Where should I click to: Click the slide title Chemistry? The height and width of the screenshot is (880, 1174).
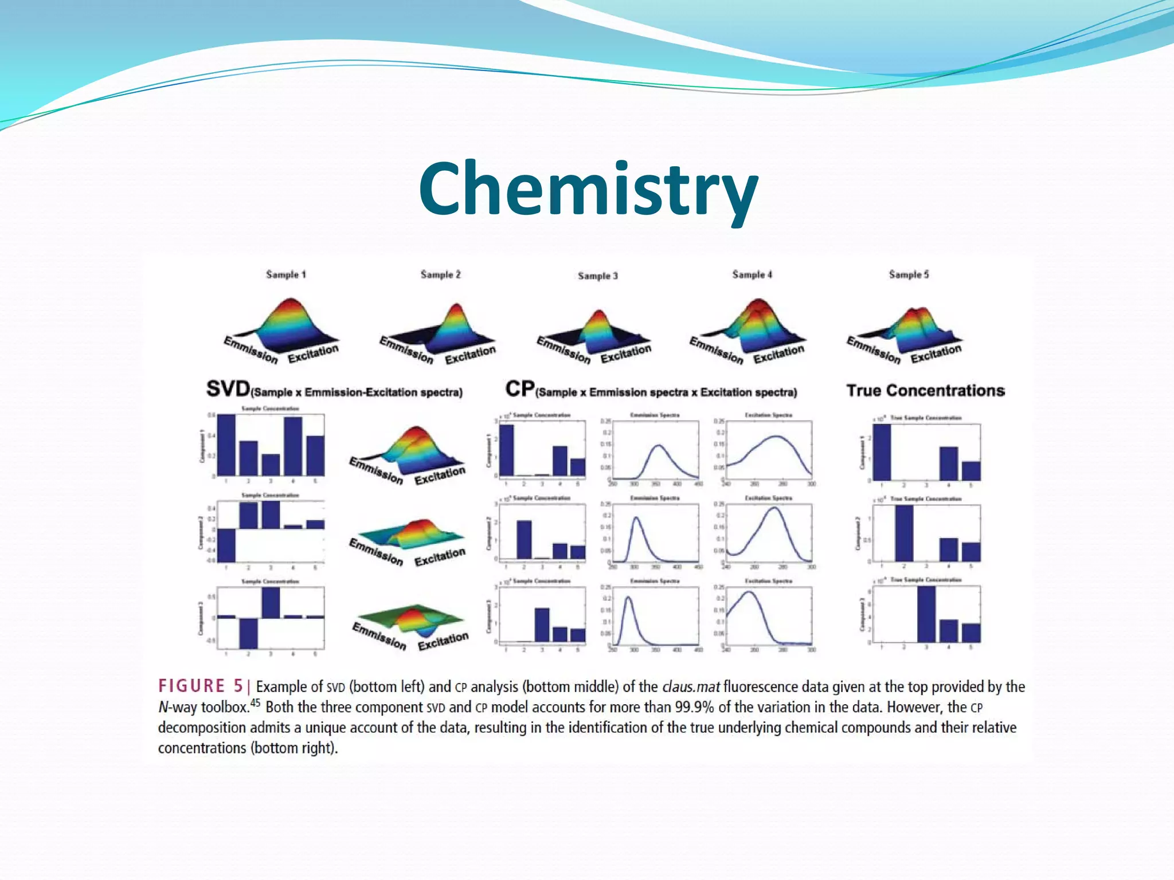click(588, 189)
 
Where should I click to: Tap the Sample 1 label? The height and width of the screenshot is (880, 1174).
click(286, 274)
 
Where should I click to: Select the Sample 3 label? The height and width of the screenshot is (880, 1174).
click(598, 276)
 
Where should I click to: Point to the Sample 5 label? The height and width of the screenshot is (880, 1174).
click(909, 274)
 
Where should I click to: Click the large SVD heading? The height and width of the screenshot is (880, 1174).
click(228, 389)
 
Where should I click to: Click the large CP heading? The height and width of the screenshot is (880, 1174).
click(519, 389)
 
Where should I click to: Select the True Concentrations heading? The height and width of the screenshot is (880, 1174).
click(925, 391)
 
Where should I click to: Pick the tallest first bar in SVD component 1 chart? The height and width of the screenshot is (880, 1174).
click(226, 444)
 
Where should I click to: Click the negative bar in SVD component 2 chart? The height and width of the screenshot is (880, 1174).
click(226, 545)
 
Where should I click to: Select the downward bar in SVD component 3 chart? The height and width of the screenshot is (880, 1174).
click(248, 632)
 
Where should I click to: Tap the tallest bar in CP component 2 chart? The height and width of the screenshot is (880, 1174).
click(524, 539)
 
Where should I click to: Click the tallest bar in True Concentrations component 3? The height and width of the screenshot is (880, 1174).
click(926, 614)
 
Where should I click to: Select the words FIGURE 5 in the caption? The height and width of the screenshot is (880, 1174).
click(201, 686)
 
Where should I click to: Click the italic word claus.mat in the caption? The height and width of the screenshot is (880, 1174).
click(690, 686)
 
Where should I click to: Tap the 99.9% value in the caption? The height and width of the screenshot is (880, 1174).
click(694, 707)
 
